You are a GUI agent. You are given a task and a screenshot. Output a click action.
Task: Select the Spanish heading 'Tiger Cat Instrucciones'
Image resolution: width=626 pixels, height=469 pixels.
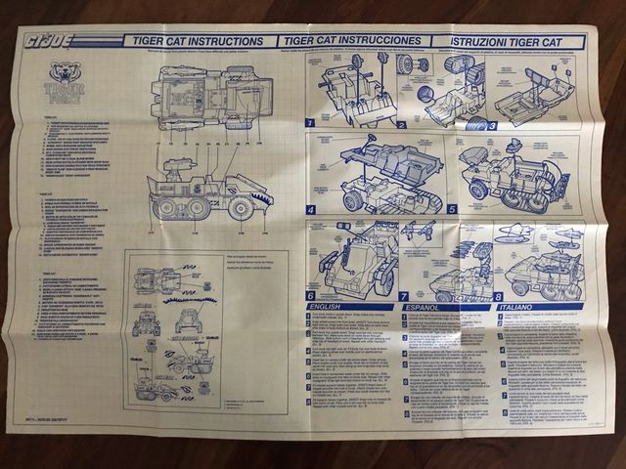click(x=355, y=42)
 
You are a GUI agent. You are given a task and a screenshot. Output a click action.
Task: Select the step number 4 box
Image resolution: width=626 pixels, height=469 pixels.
click(x=311, y=209)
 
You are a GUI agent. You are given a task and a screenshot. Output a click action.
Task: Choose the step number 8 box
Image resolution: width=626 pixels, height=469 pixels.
click(x=497, y=296)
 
